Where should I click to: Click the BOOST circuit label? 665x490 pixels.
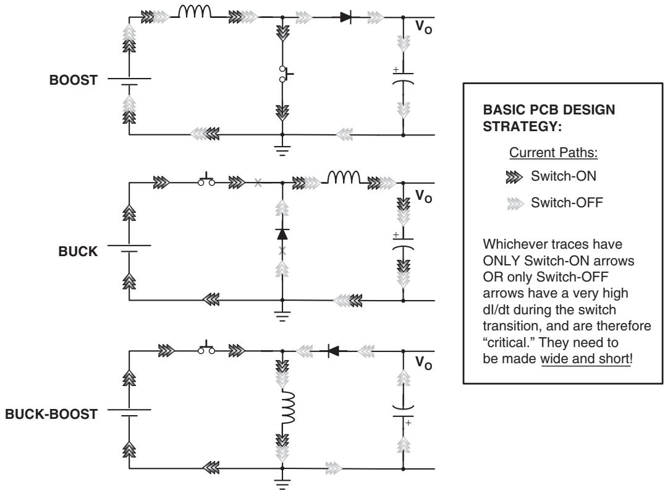[74, 80]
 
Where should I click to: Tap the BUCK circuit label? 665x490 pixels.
[78, 251]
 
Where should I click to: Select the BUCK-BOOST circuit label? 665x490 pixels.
[51, 414]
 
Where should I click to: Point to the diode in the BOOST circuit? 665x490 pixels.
[345, 17]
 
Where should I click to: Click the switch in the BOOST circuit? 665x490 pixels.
[286, 74]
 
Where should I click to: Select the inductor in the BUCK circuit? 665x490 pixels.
[344, 178]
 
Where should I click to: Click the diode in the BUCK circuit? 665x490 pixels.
[282, 234]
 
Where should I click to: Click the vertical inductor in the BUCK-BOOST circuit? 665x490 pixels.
[289, 408]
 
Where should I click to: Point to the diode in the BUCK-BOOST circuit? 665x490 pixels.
[334, 351]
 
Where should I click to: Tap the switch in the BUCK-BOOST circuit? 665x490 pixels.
[206, 348]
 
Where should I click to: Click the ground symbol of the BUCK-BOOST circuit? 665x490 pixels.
[282, 483]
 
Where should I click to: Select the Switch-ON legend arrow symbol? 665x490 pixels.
[514, 177]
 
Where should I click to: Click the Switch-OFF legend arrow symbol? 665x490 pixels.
[515, 204]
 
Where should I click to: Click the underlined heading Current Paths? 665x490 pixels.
[554, 152]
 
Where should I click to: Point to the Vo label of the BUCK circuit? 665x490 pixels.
[423, 196]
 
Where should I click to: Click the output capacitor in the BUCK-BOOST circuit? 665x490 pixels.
[403, 411]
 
